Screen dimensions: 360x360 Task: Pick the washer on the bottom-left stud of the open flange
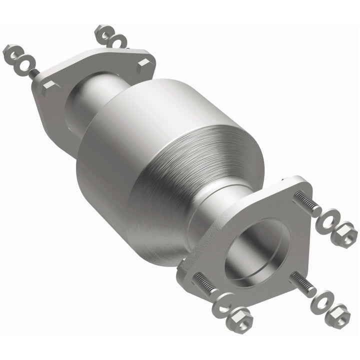coord(224,303)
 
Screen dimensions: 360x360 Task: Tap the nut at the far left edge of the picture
coord(12,52)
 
